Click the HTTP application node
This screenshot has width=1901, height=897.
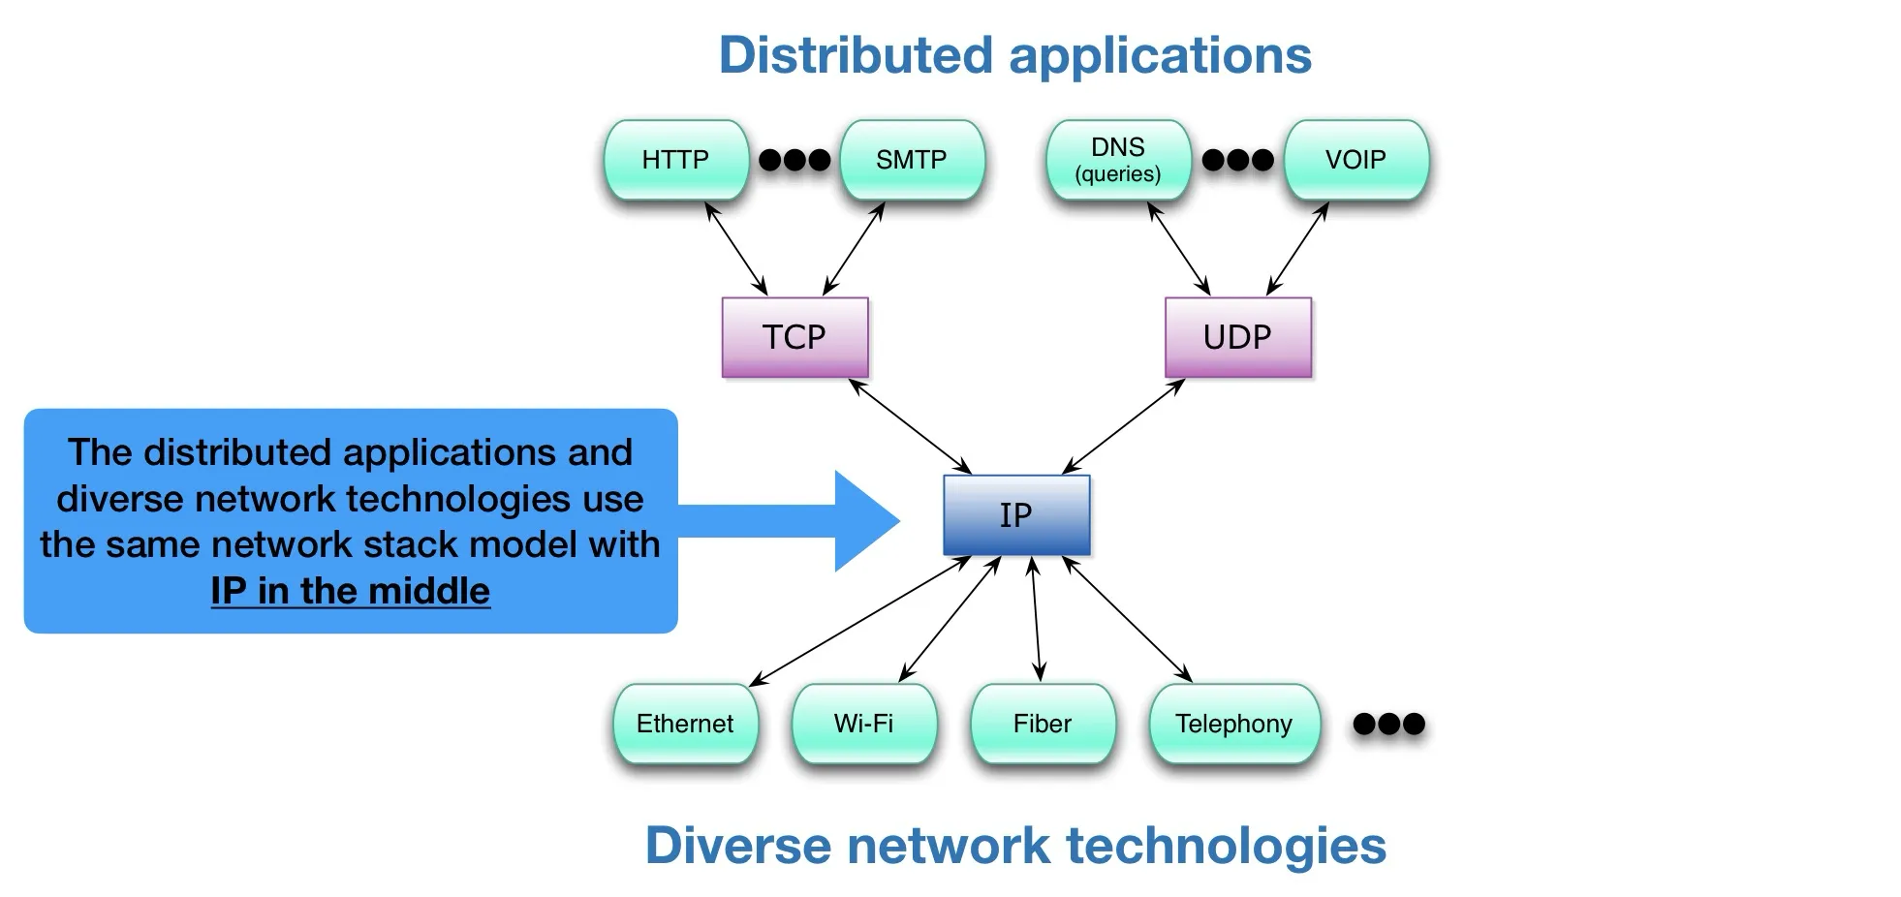(675, 160)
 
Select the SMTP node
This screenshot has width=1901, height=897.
(912, 160)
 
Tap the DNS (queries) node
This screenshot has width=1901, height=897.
(1118, 160)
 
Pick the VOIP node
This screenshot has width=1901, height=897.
(1356, 160)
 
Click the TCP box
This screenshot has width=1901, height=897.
(795, 337)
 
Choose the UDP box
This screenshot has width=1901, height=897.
(1237, 337)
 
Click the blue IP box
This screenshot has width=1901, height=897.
(1016, 515)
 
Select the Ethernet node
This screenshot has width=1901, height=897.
(685, 724)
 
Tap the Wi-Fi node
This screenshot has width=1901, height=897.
(863, 724)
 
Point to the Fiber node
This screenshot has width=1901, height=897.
(1043, 724)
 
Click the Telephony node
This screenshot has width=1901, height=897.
(1233, 724)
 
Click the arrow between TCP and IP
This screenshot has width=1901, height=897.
(910, 425)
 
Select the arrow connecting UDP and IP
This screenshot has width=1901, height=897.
(1124, 425)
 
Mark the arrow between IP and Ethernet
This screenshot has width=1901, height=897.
(860, 621)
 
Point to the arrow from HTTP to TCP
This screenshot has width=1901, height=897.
(736, 248)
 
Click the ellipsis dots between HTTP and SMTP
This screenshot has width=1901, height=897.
(795, 160)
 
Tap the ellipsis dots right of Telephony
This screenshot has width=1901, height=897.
(1388, 724)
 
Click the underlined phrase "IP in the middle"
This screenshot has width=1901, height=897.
(351, 591)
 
